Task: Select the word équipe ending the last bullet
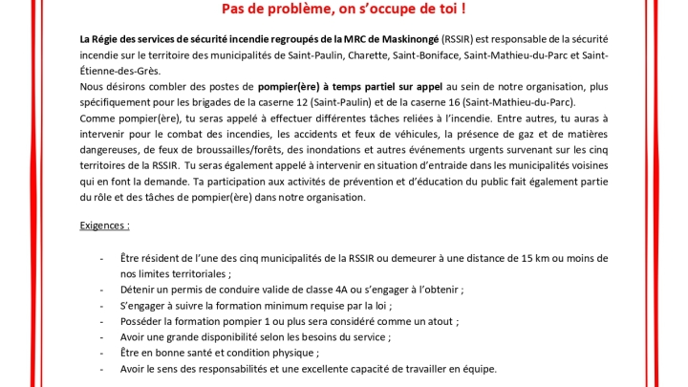475,369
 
